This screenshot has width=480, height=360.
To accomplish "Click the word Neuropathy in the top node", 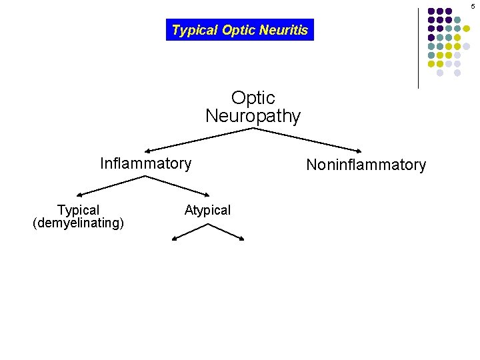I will (253, 116).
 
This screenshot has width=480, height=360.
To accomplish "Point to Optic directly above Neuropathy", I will (253, 98).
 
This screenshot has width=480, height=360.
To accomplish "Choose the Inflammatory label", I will (145, 163).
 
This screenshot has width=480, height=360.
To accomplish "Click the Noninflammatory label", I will (365, 165).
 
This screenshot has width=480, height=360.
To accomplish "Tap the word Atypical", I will (207, 210).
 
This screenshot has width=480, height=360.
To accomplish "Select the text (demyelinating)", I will (78, 223).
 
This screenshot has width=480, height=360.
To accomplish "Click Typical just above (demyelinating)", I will (78, 210).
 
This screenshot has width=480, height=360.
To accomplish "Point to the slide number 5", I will (473, 6).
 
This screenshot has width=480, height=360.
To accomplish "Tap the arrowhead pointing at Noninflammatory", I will (360, 150).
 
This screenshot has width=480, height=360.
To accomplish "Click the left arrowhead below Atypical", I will (175, 237).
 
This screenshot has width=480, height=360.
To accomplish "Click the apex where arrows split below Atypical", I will (209, 224).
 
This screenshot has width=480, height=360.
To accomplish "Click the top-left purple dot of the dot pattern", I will (432, 11).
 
